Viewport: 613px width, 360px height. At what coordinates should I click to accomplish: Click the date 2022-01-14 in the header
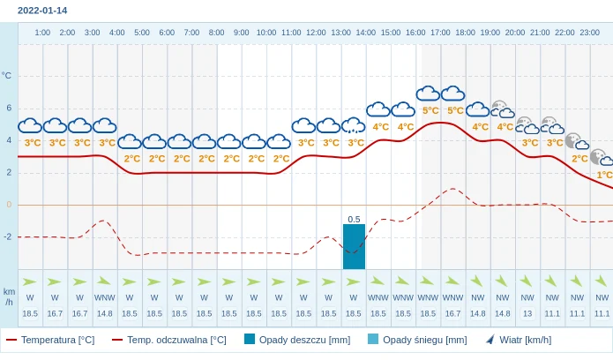(42, 11)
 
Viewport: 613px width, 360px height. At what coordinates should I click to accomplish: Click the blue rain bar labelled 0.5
(354, 246)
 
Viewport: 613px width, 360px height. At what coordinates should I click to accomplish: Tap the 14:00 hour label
(365, 33)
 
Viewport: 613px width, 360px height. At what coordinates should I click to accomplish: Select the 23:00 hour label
(589, 33)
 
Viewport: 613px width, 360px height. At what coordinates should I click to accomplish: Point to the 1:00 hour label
(42, 33)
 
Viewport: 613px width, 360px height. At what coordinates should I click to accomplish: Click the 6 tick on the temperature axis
(9, 108)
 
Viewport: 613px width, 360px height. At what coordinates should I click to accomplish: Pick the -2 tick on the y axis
(7, 236)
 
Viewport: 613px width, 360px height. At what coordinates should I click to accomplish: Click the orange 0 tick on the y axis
(9, 205)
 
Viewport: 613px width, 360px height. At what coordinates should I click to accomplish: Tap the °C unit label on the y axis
(7, 76)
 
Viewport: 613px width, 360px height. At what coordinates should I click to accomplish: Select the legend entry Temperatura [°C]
(50, 340)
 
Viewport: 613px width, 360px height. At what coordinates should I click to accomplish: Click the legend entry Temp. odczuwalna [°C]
(168, 340)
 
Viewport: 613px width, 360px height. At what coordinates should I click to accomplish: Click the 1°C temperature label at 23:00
(604, 175)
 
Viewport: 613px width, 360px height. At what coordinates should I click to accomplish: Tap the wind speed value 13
(527, 313)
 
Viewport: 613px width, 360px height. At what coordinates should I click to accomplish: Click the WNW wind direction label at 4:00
(104, 297)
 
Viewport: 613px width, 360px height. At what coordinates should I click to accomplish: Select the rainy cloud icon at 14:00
(353, 125)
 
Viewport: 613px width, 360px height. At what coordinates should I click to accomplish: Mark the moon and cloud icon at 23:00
(602, 157)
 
